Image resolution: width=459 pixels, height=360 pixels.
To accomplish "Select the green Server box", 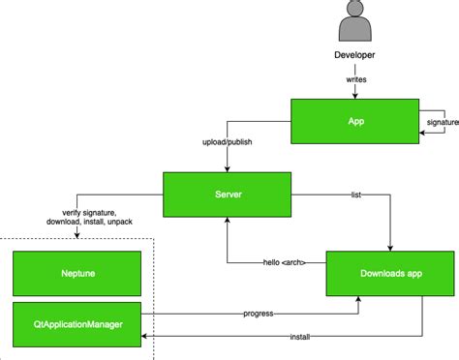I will pos(227,195).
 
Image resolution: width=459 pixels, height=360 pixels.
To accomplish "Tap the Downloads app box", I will pos(389,274).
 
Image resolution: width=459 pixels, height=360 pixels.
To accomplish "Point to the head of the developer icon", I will pos(354,13).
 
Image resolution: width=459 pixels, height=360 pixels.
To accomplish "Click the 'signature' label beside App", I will pos(443,123).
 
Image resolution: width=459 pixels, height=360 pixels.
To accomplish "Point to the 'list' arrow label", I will pos(356,195).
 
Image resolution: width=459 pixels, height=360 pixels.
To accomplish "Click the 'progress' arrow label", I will pos(257,314).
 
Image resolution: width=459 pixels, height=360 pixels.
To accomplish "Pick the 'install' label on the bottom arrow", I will pos(300,337).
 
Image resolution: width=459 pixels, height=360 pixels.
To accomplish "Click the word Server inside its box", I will pos(227,195).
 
